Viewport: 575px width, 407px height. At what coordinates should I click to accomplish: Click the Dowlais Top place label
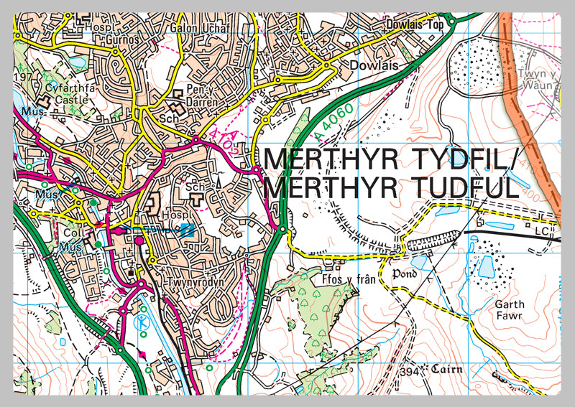[x=415, y=23]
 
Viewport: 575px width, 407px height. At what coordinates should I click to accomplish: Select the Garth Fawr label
[x=510, y=309]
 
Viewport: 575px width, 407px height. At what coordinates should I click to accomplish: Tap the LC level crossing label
[x=542, y=232]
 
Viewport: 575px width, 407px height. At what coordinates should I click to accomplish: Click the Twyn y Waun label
[x=536, y=78]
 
